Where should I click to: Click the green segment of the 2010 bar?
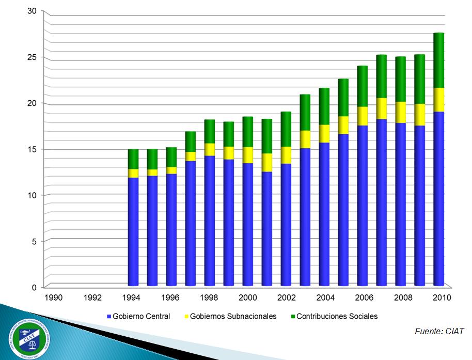point(438,60)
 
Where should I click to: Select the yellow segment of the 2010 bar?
point(438,100)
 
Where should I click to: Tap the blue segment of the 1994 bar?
point(133,231)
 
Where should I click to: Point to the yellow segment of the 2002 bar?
point(286,155)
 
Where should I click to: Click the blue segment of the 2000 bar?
point(247,224)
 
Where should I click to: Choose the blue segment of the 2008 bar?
point(400,204)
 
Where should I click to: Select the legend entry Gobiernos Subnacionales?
point(233,316)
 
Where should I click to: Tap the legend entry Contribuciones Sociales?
point(337,316)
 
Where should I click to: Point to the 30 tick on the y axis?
point(32,12)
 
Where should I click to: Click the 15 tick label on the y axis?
point(32,149)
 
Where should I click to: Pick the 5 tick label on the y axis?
point(34,241)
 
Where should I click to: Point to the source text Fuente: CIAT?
point(439,331)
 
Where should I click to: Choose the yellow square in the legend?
point(186,316)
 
